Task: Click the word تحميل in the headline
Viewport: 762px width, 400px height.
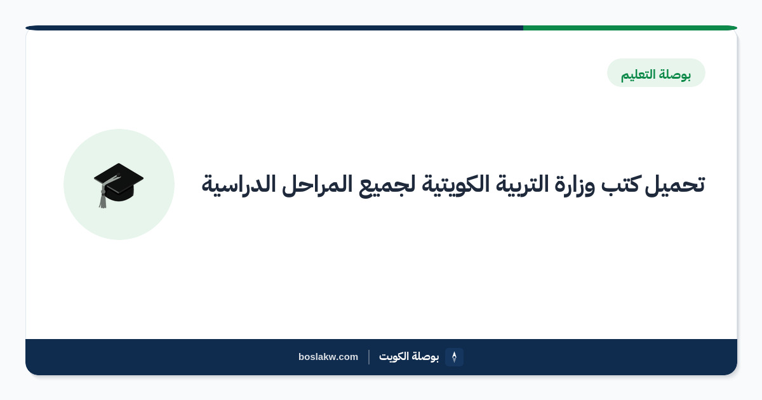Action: click(674, 185)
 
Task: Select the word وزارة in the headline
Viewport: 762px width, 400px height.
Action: click(575, 185)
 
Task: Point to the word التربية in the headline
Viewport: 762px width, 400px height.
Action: click(521, 185)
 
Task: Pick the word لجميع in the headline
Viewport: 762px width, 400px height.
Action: click(387, 185)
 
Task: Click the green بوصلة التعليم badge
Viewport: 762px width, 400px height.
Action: click(656, 73)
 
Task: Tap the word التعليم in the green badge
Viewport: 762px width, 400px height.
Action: click(639, 74)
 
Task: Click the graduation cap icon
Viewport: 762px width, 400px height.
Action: click(118, 185)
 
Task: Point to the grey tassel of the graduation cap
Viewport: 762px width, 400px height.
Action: click(103, 198)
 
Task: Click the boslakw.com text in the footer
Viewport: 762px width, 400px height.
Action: click(328, 357)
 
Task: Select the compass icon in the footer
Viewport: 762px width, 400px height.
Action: click(454, 357)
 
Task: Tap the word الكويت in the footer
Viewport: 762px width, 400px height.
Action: click(394, 356)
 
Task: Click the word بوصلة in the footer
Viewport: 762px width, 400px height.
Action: click(425, 357)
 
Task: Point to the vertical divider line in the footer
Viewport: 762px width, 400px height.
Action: click(369, 357)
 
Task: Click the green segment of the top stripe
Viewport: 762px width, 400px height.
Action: click(630, 28)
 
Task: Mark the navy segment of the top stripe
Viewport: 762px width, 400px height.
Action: click(274, 28)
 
